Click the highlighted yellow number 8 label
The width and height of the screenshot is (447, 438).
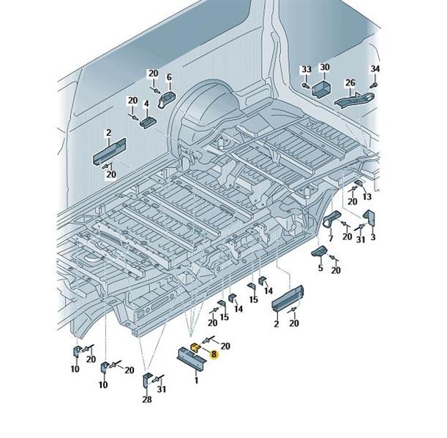(x=214, y=354)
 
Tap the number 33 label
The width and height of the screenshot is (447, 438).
(x=307, y=69)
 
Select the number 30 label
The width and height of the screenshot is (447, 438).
(x=325, y=67)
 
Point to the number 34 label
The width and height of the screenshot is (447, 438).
(x=375, y=69)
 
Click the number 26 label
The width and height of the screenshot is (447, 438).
(x=350, y=82)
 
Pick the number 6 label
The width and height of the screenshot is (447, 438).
(x=169, y=77)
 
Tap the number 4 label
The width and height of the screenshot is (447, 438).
(x=146, y=104)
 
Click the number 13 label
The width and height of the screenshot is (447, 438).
(x=367, y=196)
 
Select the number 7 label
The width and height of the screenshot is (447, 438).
(x=331, y=238)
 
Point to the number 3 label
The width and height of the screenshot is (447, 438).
(x=373, y=237)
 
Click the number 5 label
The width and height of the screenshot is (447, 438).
(x=320, y=267)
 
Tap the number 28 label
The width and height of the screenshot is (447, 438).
(x=147, y=399)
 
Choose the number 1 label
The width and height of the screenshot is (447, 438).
(x=196, y=380)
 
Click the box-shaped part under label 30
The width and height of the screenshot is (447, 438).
(x=321, y=88)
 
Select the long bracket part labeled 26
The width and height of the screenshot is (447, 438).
(x=354, y=101)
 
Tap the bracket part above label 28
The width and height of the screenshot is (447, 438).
(x=146, y=381)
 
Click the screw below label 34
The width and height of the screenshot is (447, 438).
(x=373, y=85)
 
